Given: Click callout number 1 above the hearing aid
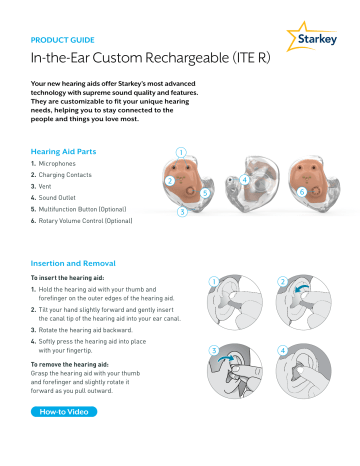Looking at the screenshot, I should coord(181,152).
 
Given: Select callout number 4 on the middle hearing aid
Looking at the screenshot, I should coord(245,179).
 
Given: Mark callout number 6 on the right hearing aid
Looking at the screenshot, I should coord(302,189).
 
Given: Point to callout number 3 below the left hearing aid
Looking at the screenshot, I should coord(181,212).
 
